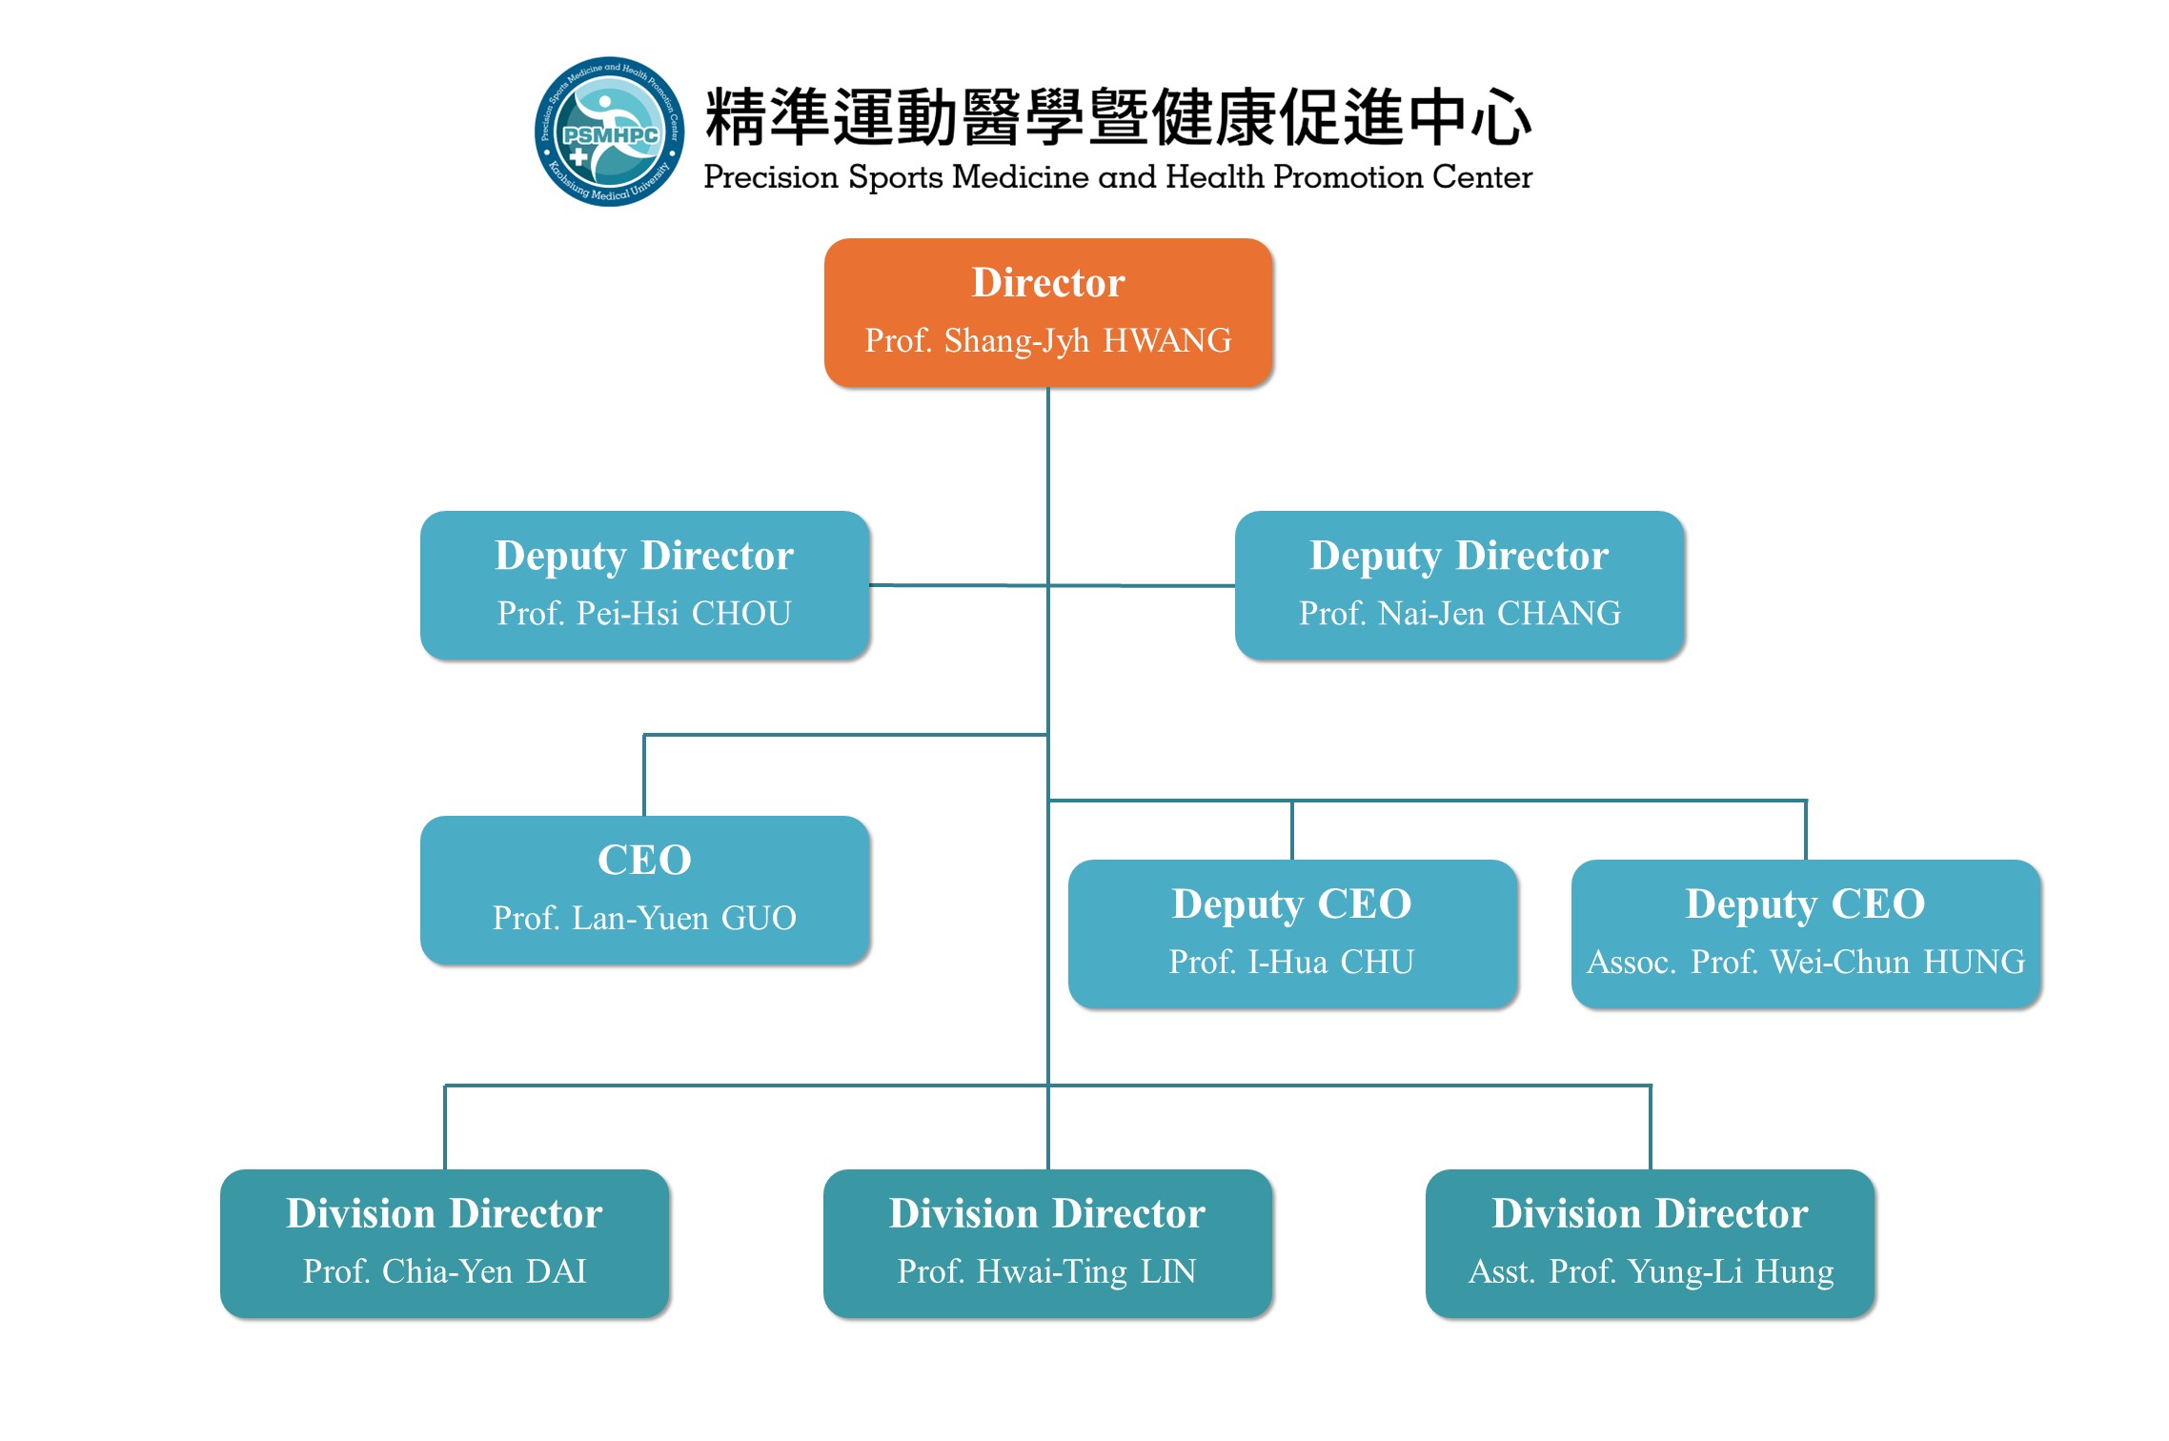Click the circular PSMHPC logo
pyautogui.click(x=609, y=132)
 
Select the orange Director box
pyautogui.click(x=1047, y=313)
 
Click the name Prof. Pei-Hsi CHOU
pyautogui.click(x=644, y=613)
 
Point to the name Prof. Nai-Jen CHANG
pyautogui.click(x=1459, y=613)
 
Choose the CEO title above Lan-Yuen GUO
pyautogui.click(x=644, y=860)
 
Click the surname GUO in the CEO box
pyautogui.click(x=759, y=918)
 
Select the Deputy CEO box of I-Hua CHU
pyautogui.click(x=1292, y=933)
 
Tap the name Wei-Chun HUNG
pyautogui.click(x=1897, y=962)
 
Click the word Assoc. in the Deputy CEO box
pyautogui.click(x=1631, y=962)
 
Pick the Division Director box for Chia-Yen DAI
pyautogui.click(x=445, y=1243)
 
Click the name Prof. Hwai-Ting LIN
pyautogui.click(x=1046, y=1271)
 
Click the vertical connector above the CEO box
pyautogui.click(x=644, y=775)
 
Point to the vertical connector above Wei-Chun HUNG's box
pyautogui.click(x=1805, y=830)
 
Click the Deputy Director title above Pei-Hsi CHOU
pyautogui.click(x=644, y=555)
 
